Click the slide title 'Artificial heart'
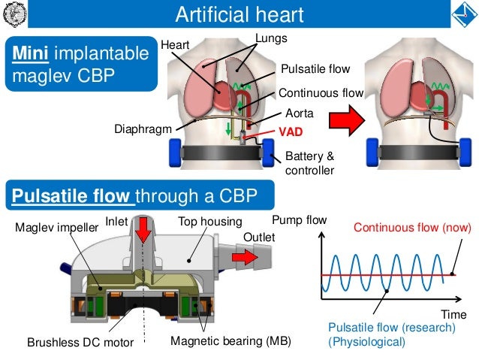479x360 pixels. (239, 14)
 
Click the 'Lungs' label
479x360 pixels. (271, 38)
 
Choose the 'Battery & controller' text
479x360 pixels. (309, 164)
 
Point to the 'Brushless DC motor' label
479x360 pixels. (80, 343)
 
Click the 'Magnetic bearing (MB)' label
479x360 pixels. (230, 341)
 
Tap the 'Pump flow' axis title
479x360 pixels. (299, 221)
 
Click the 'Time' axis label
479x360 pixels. (453, 314)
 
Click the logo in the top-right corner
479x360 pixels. (462, 14)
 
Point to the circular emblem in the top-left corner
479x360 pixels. (16, 14)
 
